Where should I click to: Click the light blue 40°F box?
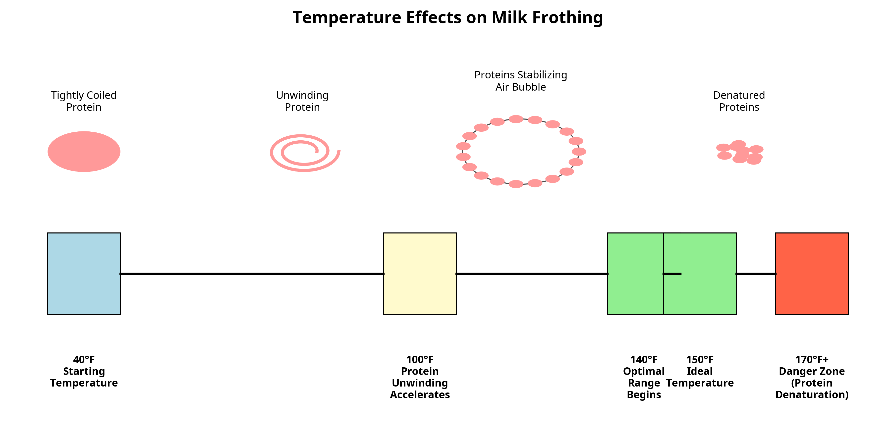tap(84, 274)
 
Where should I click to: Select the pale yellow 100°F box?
tap(420, 274)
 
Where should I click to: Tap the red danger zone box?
tap(812, 274)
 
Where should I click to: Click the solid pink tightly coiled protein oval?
tap(84, 151)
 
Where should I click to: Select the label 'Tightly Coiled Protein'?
tap(84, 101)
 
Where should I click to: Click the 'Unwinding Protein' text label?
tap(302, 101)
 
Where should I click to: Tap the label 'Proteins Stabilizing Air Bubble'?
tap(521, 81)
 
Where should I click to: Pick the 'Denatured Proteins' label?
tap(739, 101)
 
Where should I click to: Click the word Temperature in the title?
tap(347, 17)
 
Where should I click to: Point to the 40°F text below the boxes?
tap(84, 359)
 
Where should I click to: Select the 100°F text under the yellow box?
tap(420, 359)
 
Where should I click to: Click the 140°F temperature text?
tap(644, 359)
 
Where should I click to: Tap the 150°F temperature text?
tap(700, 359)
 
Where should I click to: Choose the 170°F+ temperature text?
tap(812, 359)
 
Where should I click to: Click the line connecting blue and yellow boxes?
tap(252, 274)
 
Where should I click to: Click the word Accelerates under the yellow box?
tap(420, 395)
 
